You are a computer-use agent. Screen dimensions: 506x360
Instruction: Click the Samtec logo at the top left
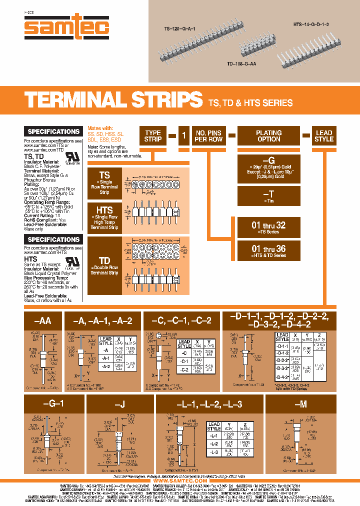point(66,27)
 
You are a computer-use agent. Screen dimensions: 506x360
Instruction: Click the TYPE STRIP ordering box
point(152,136)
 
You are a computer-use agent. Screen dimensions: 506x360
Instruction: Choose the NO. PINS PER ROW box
point(208,136)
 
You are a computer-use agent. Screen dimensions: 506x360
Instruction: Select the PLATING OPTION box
point(268,136)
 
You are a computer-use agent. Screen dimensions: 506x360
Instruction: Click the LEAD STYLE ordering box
point(323,136)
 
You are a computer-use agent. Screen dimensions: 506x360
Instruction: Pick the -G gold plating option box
point(268,167)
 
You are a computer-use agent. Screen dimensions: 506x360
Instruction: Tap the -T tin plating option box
point(268,196)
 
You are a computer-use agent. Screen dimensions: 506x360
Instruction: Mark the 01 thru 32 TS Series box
point(268,227)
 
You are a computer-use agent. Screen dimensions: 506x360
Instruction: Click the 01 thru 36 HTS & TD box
point(268,250)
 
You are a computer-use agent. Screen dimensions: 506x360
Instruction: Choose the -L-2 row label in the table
point(213,443)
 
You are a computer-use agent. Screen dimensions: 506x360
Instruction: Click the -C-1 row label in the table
point(184,361)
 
